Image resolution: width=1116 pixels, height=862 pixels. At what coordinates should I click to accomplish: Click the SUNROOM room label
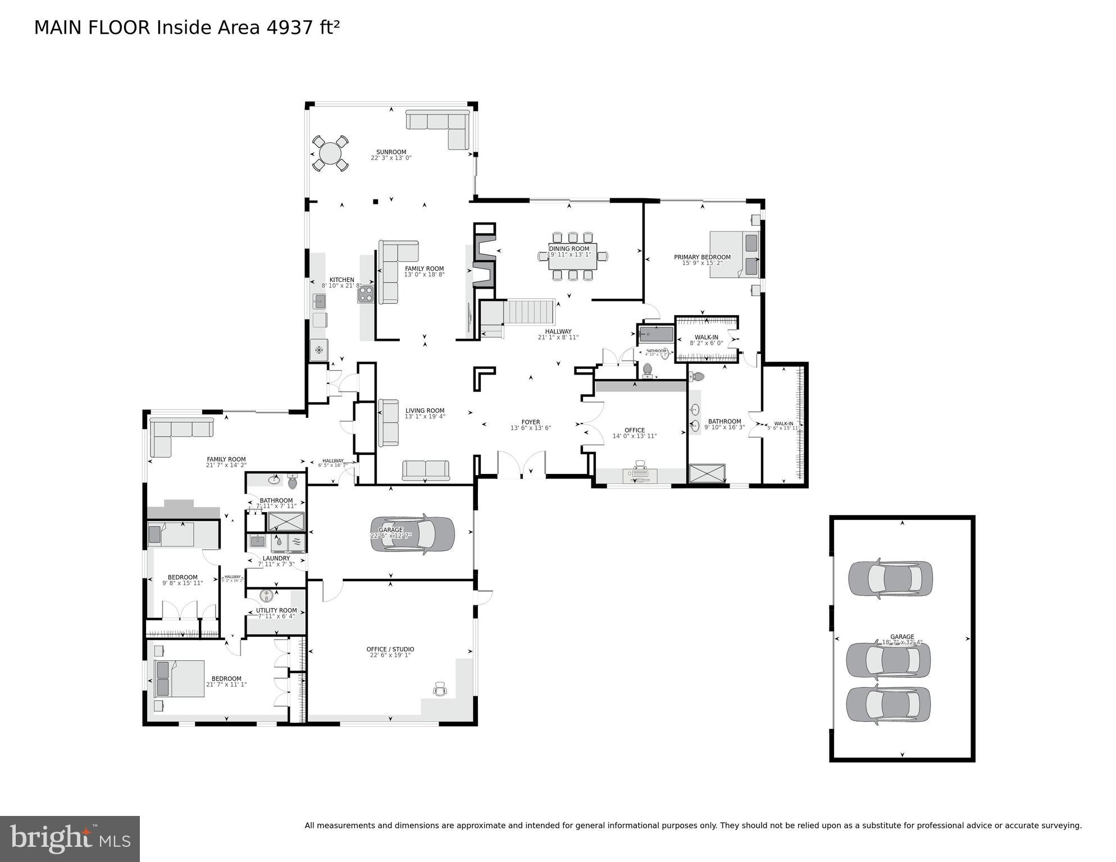click(391, 152)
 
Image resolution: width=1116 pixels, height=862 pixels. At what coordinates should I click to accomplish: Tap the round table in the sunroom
click(330, 153)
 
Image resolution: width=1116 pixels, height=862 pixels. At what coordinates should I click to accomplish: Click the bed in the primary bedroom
click(734, 254)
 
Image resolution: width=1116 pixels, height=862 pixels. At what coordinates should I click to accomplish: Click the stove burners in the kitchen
click(366, 294)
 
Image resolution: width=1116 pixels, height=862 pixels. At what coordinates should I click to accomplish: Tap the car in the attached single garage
click(412, 533)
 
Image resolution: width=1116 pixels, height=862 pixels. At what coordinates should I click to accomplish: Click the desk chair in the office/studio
click(440, 689)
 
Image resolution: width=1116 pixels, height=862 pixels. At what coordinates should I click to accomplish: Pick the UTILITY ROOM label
click(276, 610)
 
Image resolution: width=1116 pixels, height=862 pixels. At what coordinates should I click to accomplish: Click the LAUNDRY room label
click(276, 558)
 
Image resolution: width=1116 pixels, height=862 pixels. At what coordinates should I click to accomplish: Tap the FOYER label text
click(530, 422)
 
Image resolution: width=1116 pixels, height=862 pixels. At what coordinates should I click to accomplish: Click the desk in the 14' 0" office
click(640, 475)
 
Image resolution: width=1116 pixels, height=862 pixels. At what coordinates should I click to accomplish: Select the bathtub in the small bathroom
click(655, 335)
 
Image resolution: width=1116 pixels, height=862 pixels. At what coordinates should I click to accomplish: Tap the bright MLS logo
click(70, 838)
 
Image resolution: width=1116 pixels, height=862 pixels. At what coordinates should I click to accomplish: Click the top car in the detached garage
click(890, 578)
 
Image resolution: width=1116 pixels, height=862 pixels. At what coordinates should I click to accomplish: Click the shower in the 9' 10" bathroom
click(707, 473)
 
